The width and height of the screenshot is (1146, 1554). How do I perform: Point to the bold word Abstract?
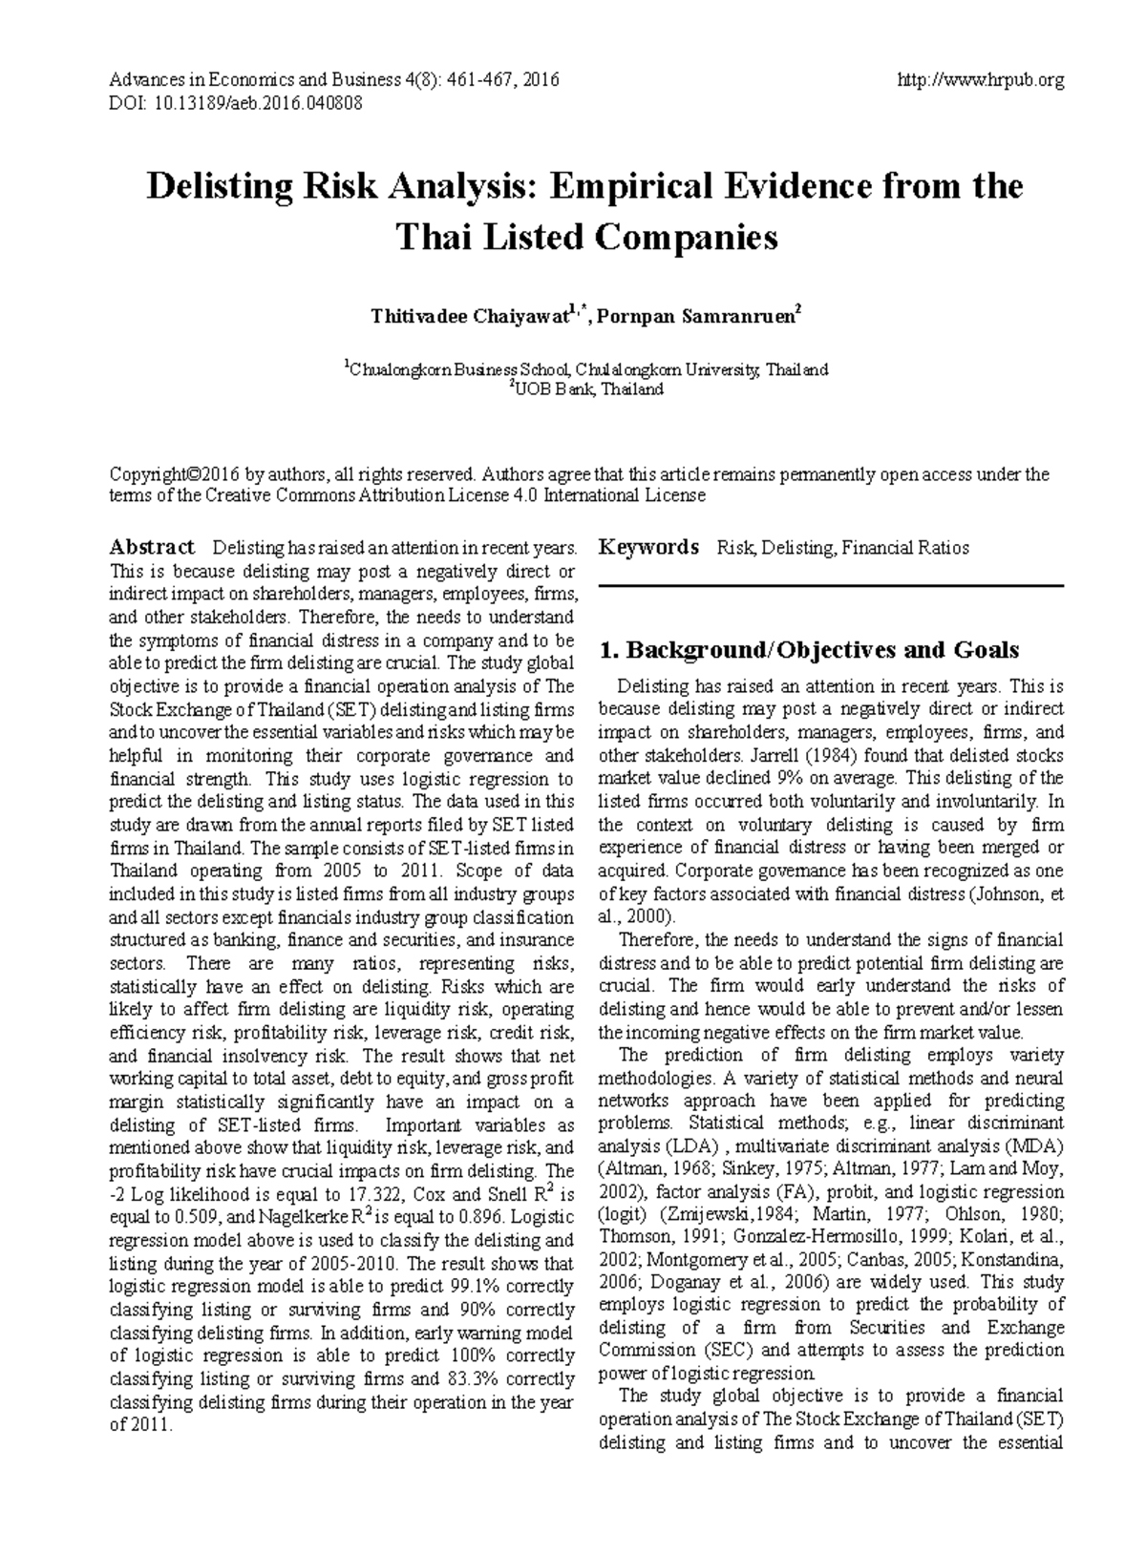tap(152, 547)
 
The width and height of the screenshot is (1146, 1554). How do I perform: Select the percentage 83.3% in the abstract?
tap(472, 1378)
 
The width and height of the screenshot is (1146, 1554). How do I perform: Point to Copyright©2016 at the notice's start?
tap(174, 474)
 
